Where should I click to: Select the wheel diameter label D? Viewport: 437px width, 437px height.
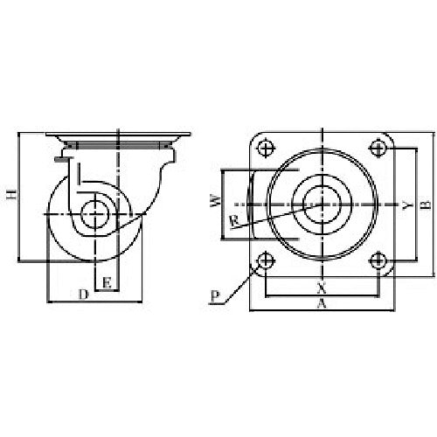tap(83, 295)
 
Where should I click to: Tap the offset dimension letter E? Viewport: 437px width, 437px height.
tap(106, 282)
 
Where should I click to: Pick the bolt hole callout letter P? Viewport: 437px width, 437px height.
tap(215, 297)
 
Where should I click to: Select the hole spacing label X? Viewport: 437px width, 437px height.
tap(321, 286)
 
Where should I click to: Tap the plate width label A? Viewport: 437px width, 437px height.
tap(322, 304)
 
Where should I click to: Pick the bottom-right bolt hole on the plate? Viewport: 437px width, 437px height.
tap(378, 260)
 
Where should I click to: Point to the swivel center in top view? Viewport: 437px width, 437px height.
tap(322, 204)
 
